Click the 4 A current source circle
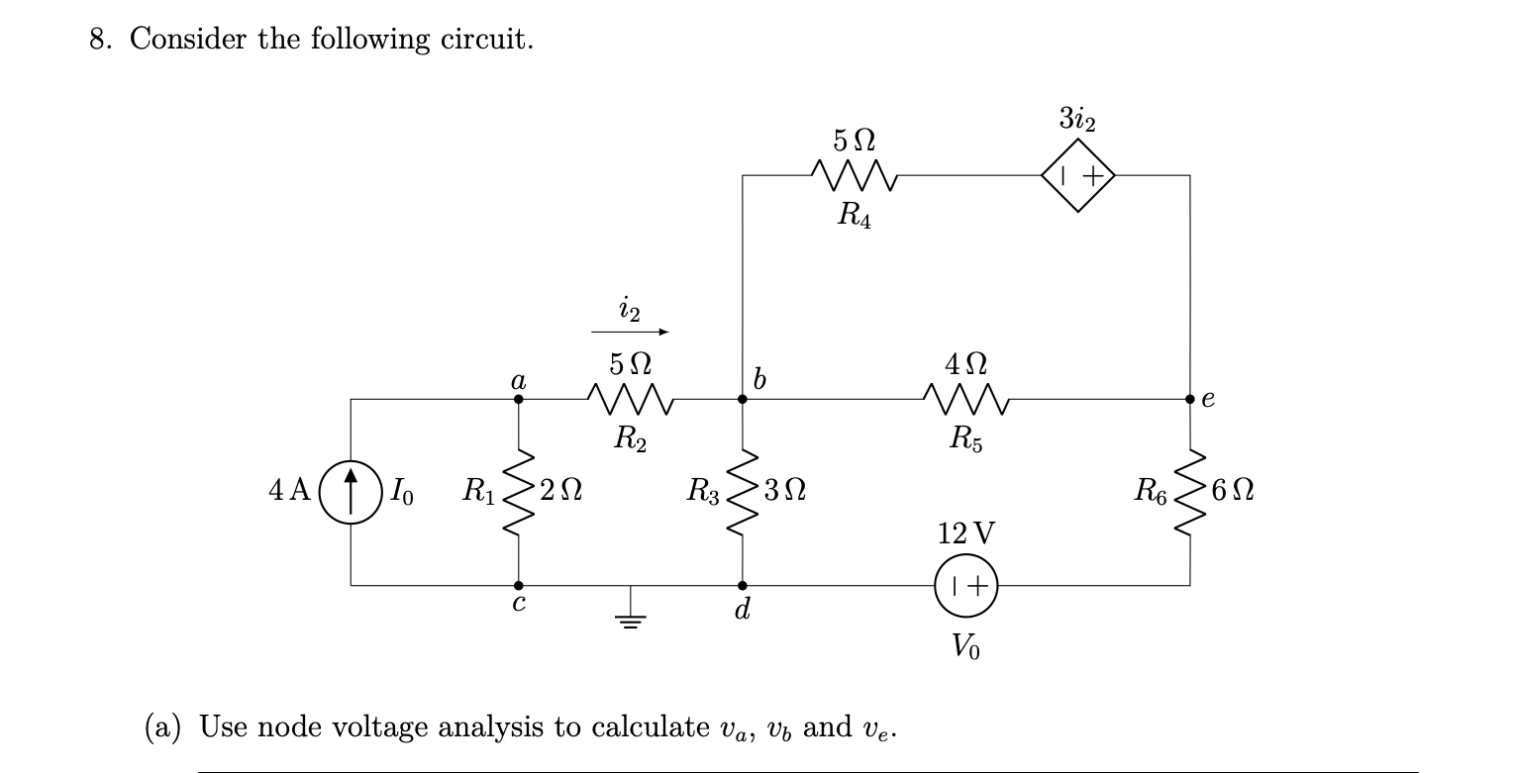(x=351, y=492)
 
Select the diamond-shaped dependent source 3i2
(x=1077, y=176)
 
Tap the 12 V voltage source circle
(x=965, y=585)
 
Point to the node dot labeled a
(x=518, y=400)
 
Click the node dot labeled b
(x=743, y=400)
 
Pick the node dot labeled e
(x=1189, y=400)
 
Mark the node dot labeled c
(x=518, y=585)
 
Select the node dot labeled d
(x=743, y=585)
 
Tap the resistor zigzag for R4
(x=854, y=176)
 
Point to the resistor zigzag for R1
(x=518, y=492)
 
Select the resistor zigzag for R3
(x=743, y=492)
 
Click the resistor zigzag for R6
(x=1189, y=492)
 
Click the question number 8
(x=99, y=40)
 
